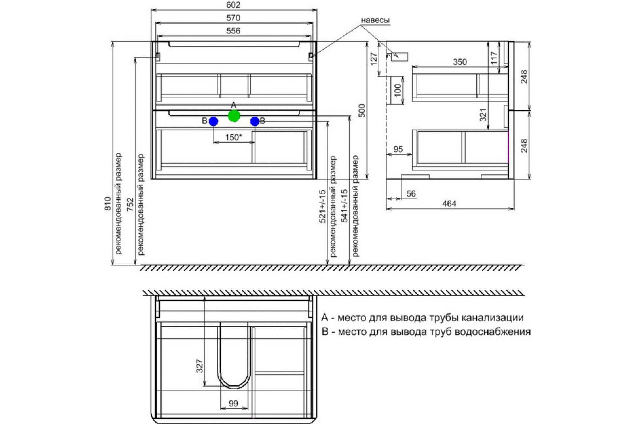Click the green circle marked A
[x=234, y=116]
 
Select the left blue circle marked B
[x=213, y=121]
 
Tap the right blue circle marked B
[x=255, y=121]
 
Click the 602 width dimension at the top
[x=233, y=5]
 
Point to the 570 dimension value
[x=233, y=18]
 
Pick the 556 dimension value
[x=233, y=31]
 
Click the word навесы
[x=375, y=20]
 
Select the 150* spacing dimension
[x=233, y=137]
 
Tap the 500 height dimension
[x=363, y=111]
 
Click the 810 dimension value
[x=108, y=204]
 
